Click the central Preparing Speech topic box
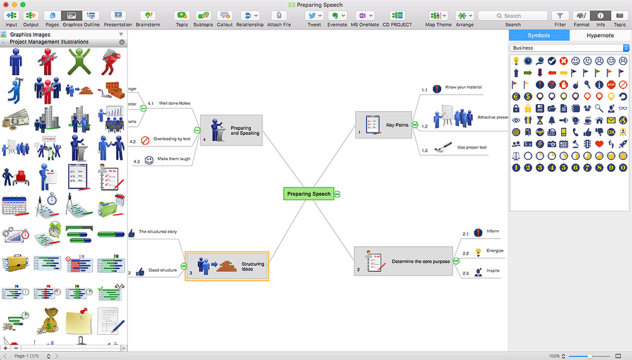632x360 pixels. [308, 194]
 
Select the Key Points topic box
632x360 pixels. [384, 125]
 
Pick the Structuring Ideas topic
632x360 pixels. [226, 266]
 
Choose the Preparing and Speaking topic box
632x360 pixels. [231, 131]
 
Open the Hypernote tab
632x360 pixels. [600, 35]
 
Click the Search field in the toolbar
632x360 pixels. [512, 16]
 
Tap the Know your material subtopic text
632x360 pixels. [463, 87]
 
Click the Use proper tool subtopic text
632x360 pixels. [471, 147]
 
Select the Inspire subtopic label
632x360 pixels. [493, 272]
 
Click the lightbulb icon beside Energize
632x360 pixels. [478, 252]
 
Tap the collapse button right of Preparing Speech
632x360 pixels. [337, 194]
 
